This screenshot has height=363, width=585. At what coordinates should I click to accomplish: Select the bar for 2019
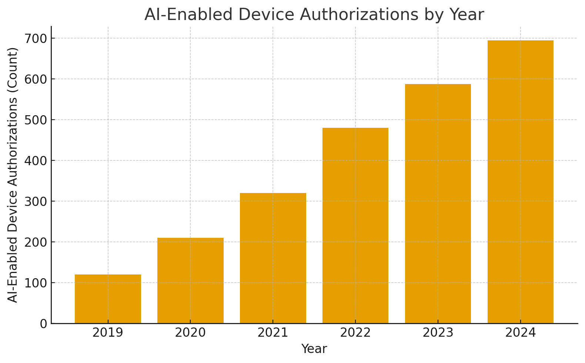108,299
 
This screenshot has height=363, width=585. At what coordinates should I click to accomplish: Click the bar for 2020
190,280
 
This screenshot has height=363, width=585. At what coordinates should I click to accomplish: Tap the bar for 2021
273,258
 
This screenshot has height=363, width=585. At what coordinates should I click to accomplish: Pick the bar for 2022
355,225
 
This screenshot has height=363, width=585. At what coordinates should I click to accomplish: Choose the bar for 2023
438,203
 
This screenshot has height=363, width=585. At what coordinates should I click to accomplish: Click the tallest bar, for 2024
521,181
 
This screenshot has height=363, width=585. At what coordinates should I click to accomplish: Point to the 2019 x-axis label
108,333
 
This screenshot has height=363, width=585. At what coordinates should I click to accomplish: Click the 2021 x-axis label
273,333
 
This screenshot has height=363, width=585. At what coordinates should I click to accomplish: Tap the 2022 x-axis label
355,333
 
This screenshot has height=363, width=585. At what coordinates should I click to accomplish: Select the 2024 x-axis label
521,333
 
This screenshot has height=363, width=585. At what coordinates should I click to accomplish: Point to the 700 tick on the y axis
36,39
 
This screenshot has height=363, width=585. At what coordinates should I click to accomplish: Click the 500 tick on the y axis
36,120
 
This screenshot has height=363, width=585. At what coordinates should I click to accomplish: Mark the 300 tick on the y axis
36,202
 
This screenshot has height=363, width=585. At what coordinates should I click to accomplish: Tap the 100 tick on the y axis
36,283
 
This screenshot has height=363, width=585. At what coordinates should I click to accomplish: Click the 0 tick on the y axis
44,324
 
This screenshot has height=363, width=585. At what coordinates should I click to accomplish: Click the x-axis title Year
314,349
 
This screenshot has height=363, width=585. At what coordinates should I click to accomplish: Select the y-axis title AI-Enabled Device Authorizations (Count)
13,175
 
